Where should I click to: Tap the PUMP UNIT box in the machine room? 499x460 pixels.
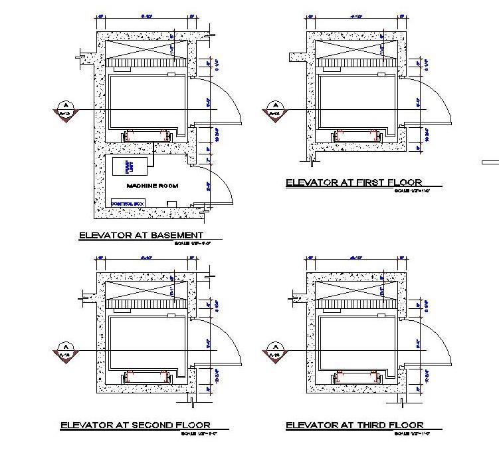click(120, 167)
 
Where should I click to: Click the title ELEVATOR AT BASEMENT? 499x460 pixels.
click(141, 235)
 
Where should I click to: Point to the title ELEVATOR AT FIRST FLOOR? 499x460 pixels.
click(353, 182)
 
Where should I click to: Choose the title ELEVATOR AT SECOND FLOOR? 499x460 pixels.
click(136, 425)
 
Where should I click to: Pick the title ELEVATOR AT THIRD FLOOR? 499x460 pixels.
click(354, 425)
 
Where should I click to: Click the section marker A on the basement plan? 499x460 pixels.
click(65, 108)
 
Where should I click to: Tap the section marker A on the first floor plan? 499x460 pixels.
click(273, 108)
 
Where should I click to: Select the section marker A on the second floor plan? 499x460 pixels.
click(65, 350)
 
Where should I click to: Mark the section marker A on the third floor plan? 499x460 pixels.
click(273, 350)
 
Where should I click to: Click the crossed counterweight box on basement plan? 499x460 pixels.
click(141, 50)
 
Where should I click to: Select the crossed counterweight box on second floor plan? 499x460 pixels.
click(141, 291)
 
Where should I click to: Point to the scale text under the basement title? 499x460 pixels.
click(192, 243)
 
